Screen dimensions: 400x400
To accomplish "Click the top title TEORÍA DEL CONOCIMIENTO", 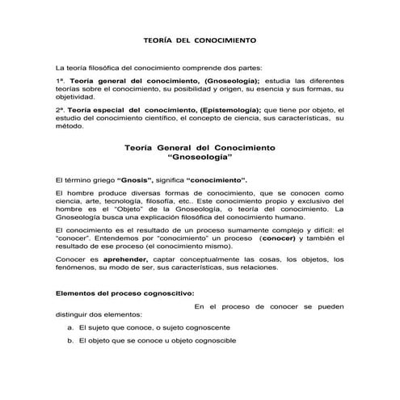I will (199, 39).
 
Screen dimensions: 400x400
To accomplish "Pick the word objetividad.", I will (74, 97).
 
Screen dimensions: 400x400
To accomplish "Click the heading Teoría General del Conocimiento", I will (200, 149).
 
